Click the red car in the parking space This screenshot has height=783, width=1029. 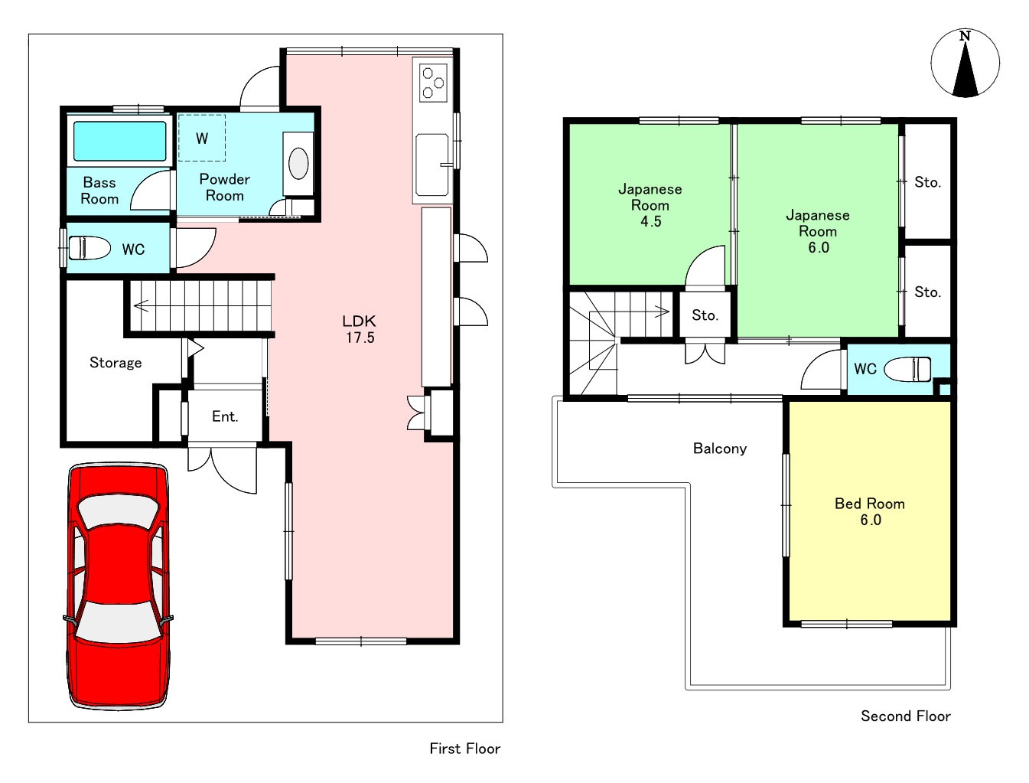[119, 586]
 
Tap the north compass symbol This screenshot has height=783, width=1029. [965, 64]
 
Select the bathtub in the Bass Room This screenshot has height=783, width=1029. [120, 141]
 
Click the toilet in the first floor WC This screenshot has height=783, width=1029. [89, 248]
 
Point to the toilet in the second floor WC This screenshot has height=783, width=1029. [907, 369]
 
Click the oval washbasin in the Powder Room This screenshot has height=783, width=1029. [298, 164]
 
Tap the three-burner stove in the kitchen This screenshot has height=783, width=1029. [433, 83]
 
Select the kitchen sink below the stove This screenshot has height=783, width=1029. [431, 165]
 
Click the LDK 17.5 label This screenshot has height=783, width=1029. [360, 329]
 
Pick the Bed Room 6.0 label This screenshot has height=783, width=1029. [870, 511]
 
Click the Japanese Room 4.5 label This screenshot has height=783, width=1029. [650, 205]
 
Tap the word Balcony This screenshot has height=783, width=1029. [720, 449]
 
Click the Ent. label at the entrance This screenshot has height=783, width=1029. [225, 416]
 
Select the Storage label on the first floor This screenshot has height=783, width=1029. [116, 363]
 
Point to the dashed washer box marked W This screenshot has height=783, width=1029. [202, 138]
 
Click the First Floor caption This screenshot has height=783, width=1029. [465, 749]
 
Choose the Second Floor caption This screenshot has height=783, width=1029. [906, 716]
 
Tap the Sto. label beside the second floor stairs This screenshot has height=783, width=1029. [705, 315]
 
